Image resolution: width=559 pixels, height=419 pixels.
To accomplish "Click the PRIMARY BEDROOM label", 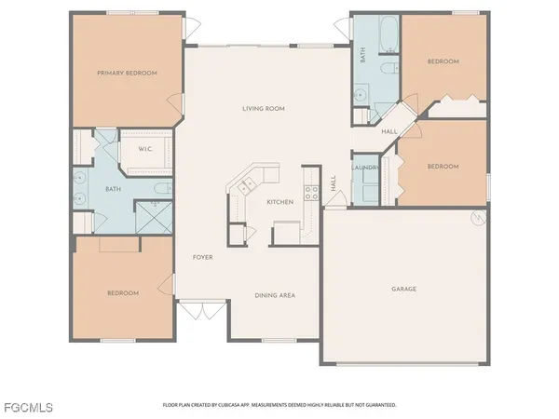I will point(128,72).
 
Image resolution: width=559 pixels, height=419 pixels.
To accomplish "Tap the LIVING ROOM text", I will point(265,109).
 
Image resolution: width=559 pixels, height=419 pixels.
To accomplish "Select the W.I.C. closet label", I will point(145,148).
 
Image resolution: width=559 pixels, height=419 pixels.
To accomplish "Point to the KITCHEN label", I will point(280,202).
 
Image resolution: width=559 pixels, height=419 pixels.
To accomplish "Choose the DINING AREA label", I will point(275,295).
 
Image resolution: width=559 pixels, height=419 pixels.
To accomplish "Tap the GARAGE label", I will point(403,289).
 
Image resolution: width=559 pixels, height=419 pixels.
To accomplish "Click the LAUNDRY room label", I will point(363,168).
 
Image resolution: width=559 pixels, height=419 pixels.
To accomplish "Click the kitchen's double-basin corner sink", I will point(246,186).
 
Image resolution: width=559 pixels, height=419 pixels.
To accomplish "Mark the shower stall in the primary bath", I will point(150,218).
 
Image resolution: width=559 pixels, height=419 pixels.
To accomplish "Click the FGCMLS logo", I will point(27,407).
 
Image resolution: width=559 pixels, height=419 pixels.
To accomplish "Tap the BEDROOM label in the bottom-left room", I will point(122,293).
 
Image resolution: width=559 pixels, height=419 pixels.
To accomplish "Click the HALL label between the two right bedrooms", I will point(389,132).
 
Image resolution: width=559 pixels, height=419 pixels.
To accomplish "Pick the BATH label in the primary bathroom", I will point(113,190).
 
